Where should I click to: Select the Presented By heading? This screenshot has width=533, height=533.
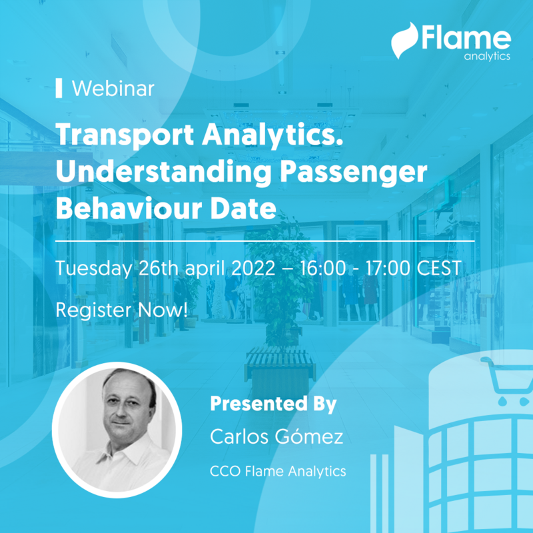pos(273,404)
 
